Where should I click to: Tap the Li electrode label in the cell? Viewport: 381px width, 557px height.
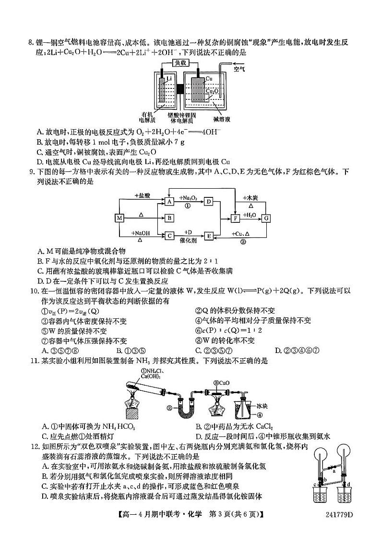168,78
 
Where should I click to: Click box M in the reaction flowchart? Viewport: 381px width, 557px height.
120,218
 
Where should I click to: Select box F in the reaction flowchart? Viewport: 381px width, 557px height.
235,218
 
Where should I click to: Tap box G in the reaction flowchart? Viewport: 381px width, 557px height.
266,218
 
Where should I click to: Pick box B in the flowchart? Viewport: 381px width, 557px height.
169,218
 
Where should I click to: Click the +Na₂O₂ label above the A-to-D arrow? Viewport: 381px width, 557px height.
187,198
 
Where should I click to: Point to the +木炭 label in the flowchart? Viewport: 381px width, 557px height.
250,198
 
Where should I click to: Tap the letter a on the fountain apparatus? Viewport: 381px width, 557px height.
333,472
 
